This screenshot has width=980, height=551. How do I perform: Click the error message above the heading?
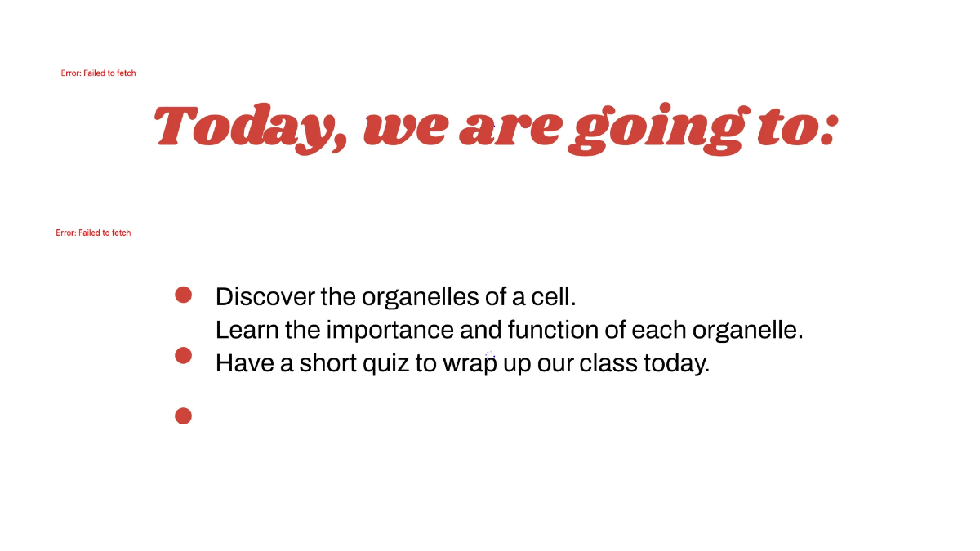pyautogui.click(x=98, y=73)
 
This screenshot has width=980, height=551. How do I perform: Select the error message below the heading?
pyautogui.click(x=93, y=233)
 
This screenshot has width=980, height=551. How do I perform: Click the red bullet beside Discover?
pyautogui.click(x=183, y=295)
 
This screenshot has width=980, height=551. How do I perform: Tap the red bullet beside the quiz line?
pyautogui.click(x=183, y=355)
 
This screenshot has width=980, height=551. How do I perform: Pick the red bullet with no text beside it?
pyautogui.click(x=183, y=416)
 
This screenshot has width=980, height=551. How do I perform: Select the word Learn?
pyautogui.click(x=241, y=330)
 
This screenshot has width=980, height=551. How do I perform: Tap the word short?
pyautogui.click(x=327, y=362)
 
